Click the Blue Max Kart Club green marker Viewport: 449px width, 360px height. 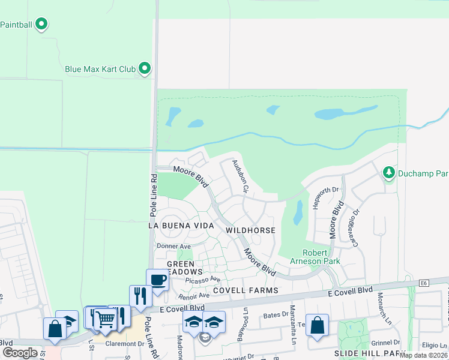[145, 69]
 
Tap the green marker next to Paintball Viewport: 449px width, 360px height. [41, 25]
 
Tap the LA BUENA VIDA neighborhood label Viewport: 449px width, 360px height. [181, 225]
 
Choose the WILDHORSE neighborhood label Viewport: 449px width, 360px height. [250, 230]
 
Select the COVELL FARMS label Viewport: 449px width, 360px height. [253, 290]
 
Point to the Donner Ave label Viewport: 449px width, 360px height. [173, 246]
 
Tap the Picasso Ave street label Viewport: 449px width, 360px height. [203, 280]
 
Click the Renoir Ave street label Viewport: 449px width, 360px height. [193, 295]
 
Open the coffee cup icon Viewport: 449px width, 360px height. [158, 280]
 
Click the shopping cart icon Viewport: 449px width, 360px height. [105, 319]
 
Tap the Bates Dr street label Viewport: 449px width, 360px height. [277, 314]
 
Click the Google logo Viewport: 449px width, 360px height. [20, 353]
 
